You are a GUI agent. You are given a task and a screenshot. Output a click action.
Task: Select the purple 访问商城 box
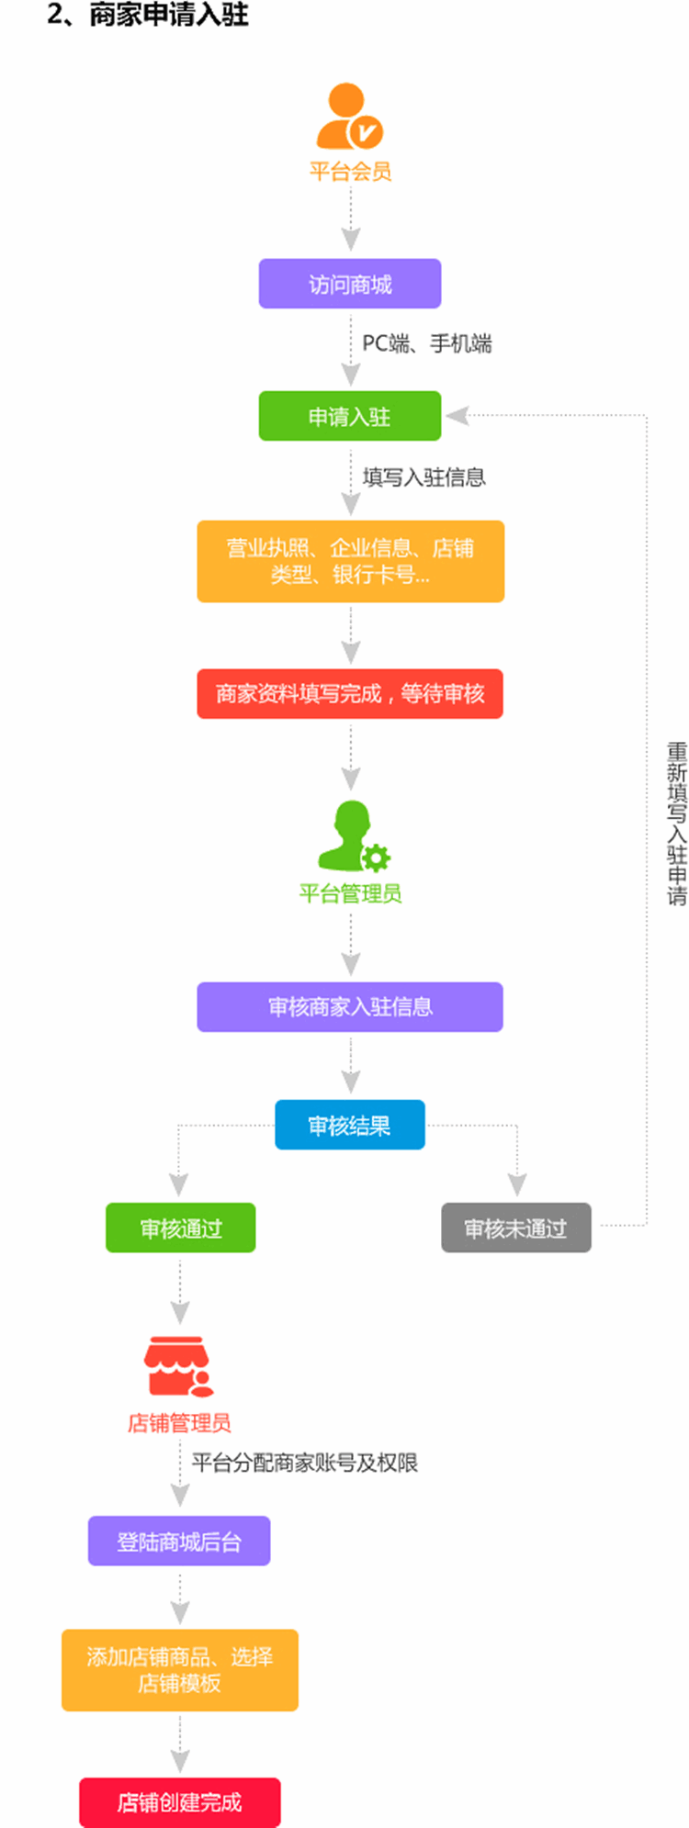point(350,284)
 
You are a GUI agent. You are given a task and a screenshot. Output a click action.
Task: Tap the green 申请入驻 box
point(350,416)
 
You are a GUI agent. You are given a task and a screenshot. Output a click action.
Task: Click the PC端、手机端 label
point(426,343)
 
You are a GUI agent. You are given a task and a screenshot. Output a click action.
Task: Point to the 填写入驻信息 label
point(424,477)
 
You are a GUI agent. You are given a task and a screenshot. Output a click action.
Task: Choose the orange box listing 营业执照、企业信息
point(350,561)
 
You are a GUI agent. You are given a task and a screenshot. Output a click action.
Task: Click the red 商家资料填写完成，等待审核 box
point(350,693)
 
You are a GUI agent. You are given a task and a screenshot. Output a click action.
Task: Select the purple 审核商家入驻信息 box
point(350,1006)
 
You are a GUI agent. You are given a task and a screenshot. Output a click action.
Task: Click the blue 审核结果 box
point(350,1125)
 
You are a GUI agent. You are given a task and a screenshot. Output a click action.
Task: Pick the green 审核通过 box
point(181,1228)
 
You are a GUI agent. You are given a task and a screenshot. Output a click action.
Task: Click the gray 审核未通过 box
point(516,1228)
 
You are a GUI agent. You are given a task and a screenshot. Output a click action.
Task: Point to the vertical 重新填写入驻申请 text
point(676,824)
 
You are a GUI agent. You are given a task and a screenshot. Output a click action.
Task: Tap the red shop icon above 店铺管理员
point(178,1366)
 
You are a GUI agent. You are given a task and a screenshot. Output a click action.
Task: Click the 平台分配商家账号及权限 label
point(304,1463)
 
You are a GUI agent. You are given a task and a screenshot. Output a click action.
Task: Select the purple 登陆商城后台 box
point(179,1541)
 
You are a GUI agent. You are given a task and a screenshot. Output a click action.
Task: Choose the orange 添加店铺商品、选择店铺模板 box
point(180,1669)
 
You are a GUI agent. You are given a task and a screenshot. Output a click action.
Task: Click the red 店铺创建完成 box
point(180,1802)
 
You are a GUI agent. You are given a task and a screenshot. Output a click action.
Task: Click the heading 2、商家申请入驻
point(148,15)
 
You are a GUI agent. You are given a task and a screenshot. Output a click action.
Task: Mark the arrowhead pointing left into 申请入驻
point(457,416)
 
